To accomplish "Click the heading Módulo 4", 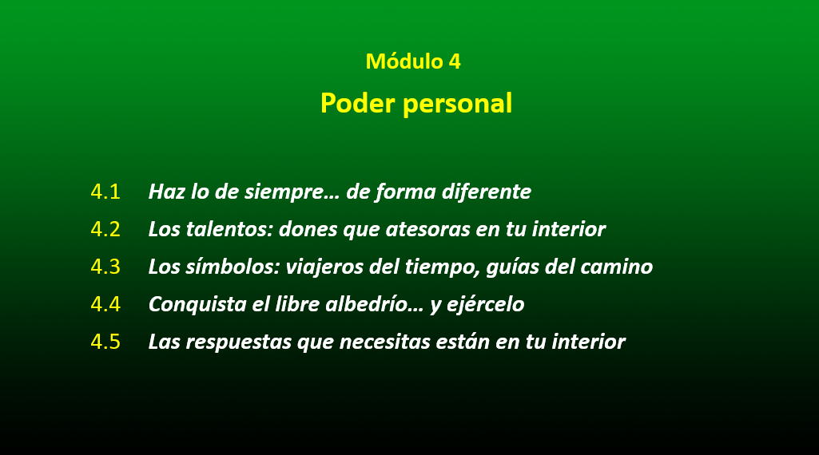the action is click(413, 61).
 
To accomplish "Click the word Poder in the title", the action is click(358, 103).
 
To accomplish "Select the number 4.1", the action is click(105, 192).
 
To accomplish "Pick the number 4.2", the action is click(105, 229).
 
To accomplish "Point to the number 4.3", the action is click(105, 267).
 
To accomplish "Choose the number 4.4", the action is click(105, 304).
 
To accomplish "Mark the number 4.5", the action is click(105, 342).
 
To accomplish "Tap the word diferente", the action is click(487, 192).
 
